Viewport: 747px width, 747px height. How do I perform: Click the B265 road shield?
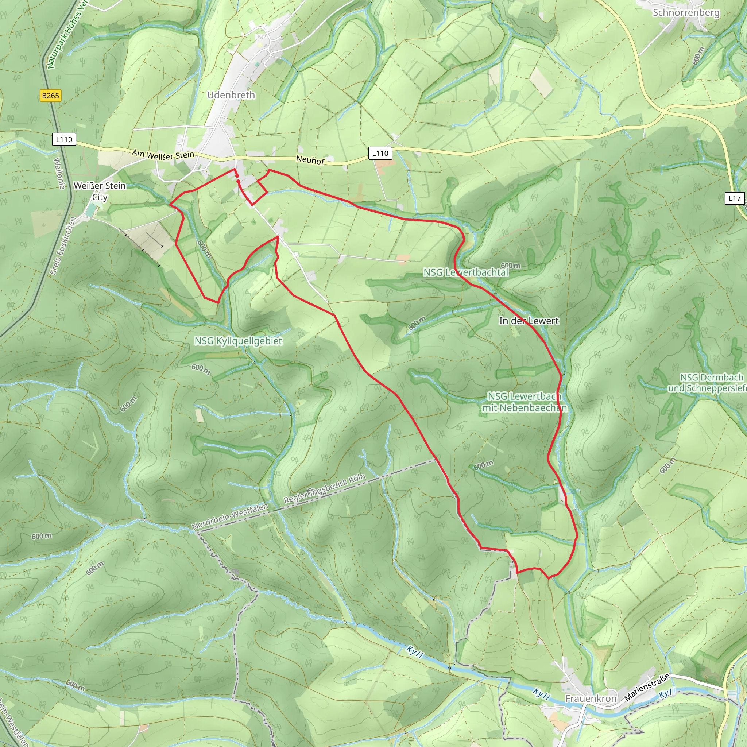coord(51,96)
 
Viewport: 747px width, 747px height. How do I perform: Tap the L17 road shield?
coord(734,198)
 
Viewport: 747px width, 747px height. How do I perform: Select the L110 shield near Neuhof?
coord(380,153)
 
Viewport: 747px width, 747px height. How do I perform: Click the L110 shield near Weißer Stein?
coord(64,139)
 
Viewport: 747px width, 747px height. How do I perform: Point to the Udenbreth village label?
coord(231,95)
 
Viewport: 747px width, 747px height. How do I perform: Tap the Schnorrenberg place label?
coord(686,13)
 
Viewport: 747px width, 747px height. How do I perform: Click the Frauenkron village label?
coord(591,698)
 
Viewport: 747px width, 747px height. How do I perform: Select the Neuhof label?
coord(310,160)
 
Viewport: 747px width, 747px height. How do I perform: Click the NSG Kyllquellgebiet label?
coord(238,341)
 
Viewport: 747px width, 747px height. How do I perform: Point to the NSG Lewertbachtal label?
coord(465,272)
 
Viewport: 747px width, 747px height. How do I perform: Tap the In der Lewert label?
coord(529,321)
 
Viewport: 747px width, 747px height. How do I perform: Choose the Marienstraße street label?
coord(647,687)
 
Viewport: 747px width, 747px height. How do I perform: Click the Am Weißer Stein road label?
coord(163,155)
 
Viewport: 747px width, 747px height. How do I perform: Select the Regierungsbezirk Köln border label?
coord(324,488)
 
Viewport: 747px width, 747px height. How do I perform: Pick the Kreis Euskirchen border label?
coord(62,246)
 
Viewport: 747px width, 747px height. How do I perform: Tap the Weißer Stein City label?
coord(100,191)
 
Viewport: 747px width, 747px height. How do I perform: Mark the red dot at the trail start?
coord(237,176)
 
